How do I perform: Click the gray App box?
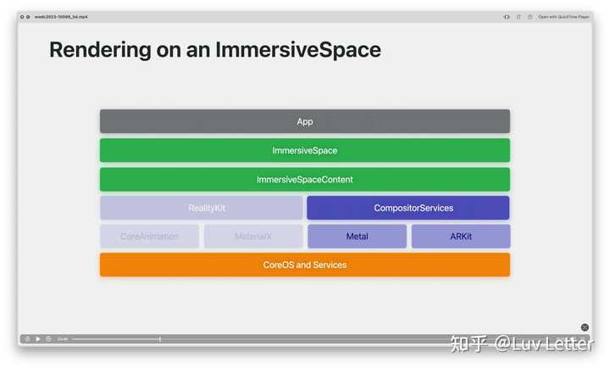(x=305, y=121)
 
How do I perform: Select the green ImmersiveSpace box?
(x=305, y=150)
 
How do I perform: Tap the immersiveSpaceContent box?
(x=305, y=179)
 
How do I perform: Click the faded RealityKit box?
(x=201, y=208)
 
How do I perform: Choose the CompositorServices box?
(x=408, y=208)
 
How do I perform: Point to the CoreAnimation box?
(x=149, y=237)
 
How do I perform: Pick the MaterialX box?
(x=252, y=237)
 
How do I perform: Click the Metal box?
(x=357, y=237)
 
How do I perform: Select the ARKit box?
(x=460, y=237)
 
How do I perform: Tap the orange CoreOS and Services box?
(x=305, y=265)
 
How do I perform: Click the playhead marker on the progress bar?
(x=160, y=338)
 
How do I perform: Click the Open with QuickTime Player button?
(x=563, y=16)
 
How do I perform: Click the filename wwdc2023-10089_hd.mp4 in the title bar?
(x=61, y=16)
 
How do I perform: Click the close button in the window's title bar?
(x=22, y=16)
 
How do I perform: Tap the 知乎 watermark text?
(x=469, y=344)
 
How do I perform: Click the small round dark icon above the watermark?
(x=585, y=327)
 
